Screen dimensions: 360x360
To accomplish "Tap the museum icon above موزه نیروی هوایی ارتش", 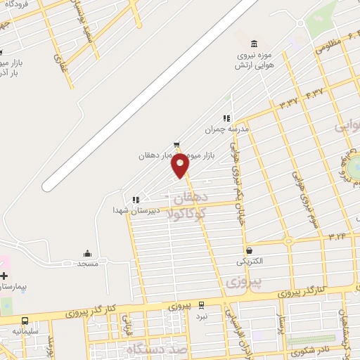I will [253, 44].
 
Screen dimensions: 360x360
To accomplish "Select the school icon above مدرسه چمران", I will [226, 119].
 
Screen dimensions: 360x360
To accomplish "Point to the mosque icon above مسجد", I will [87, 254].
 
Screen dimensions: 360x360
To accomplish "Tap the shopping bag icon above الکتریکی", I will [249, 250].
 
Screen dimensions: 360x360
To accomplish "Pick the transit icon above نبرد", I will [202, 306].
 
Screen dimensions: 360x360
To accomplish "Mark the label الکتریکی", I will [249, 262].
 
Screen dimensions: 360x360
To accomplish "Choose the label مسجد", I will [87, 264].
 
